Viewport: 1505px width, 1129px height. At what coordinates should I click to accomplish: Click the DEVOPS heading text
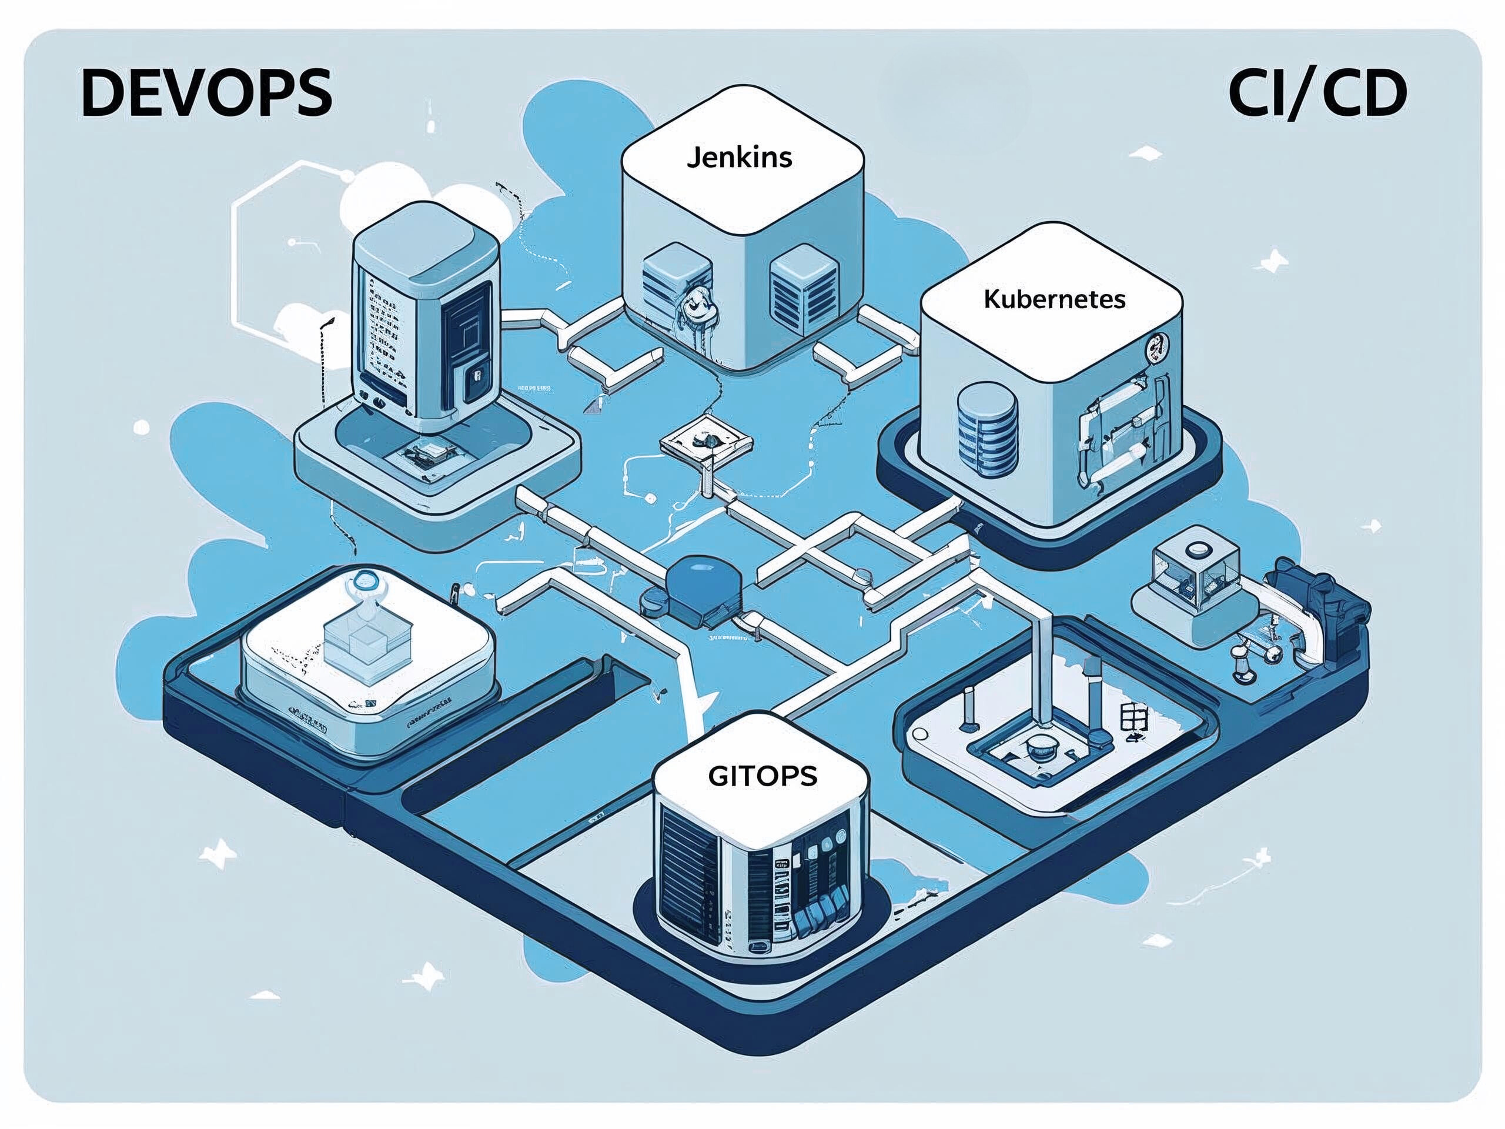click(206, 93)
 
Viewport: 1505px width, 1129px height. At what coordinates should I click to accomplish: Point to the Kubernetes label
click(1054, 299)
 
